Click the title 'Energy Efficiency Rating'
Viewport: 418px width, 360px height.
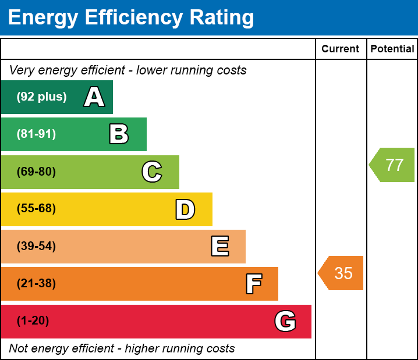[131, 18]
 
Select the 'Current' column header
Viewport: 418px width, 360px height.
[341, 49]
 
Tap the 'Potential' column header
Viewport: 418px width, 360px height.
[392, 49]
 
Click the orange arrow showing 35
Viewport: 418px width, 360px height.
[341, 273]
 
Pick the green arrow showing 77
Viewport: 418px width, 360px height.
[392, 165]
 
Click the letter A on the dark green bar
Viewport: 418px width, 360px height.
[94, 97]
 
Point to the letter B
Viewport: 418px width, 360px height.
[119, 134]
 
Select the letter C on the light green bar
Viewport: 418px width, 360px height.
[152, 172]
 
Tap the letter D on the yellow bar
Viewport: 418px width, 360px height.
[185, 209]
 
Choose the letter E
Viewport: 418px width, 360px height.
[219, 247]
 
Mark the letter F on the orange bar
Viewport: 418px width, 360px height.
[253, 284]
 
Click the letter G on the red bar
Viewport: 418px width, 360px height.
[285, 321]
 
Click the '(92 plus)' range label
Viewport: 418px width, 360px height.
[41, 97]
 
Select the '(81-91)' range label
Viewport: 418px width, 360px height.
[36, 134]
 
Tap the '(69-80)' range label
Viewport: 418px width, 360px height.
[36, 172]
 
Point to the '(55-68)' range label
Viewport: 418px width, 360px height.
[36, 209]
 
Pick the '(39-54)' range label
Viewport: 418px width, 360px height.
[36, 247]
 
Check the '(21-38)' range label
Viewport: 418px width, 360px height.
[36, 284]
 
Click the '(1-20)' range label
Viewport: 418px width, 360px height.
[33, 321]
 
